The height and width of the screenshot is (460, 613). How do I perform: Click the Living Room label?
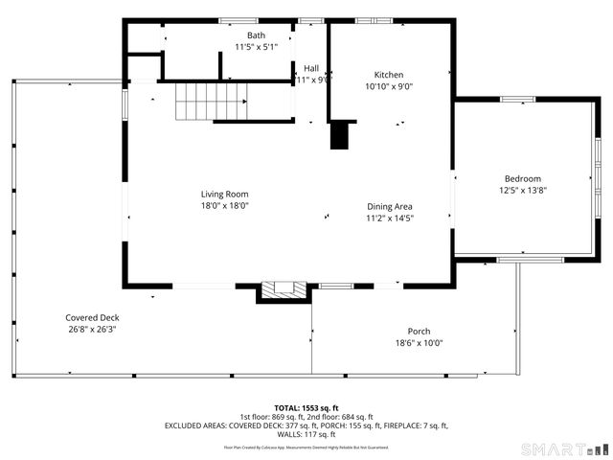[224, 194]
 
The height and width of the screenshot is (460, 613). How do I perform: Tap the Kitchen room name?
[388, 75]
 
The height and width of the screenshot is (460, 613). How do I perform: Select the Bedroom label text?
[523, 178]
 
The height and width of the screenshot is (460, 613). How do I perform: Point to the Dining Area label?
[390, 206]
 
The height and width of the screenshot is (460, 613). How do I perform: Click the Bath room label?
[257, 35]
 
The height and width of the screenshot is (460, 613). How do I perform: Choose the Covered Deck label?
[92, 318]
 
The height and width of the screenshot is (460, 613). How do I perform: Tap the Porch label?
[419, 332]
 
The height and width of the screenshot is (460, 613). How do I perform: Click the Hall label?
[311, 68]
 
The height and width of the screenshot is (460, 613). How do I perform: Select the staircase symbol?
[211, 101]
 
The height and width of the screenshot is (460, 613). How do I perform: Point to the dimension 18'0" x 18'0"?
[224, 205]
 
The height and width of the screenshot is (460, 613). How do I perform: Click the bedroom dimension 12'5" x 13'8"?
[523, 190]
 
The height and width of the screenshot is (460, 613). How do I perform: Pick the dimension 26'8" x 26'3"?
[92, 330]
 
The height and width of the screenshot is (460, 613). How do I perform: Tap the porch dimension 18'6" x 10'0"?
[419, 343]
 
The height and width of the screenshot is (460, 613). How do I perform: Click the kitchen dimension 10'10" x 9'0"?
[388, 86]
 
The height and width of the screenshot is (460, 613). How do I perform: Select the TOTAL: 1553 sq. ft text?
[306, 407]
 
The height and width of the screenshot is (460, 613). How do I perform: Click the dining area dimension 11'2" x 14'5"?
[390, 218]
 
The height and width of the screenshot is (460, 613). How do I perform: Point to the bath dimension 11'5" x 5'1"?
[257, 46]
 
